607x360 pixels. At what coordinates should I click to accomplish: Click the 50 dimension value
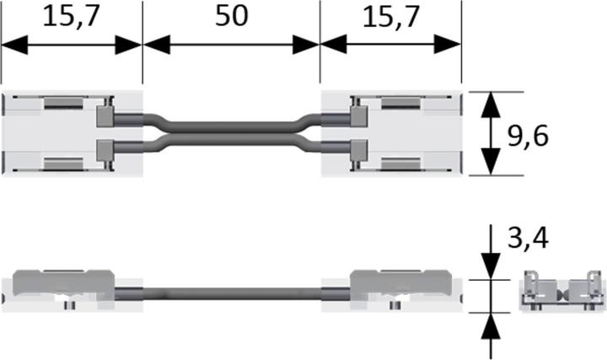(232, 16)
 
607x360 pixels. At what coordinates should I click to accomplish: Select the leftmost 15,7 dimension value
(71, 17)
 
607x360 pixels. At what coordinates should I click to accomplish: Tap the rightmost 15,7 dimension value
(391, 17)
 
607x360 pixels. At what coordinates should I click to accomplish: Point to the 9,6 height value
(528, 137)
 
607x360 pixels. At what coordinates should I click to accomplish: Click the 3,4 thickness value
(528, 238)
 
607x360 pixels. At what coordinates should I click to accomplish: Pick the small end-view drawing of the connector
(562, 291)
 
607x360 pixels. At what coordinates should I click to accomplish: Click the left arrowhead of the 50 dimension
(157, 45)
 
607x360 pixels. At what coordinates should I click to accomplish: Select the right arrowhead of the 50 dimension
(306, 45)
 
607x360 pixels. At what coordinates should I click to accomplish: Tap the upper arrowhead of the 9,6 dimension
(491, 105)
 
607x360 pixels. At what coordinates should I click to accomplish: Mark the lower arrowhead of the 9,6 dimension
(491, 162)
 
